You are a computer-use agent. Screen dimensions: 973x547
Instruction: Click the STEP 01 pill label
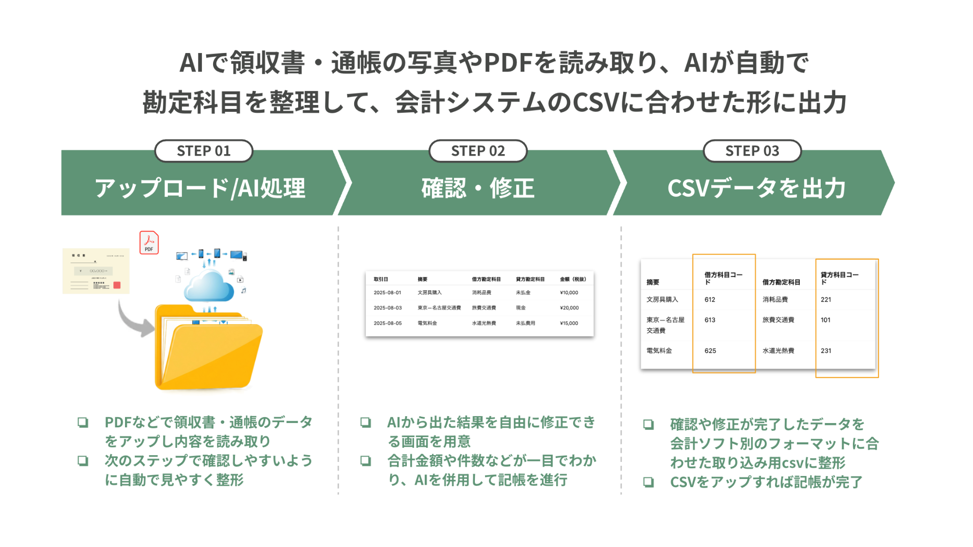203,151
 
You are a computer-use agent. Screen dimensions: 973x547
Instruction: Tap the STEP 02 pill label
478,151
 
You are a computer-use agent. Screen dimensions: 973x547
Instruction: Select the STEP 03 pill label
752,151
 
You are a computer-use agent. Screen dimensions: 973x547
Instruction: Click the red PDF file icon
149,242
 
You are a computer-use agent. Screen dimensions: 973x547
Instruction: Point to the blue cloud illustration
208,287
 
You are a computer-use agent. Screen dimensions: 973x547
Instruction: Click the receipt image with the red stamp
96,271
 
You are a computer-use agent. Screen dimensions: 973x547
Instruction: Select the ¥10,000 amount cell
569,293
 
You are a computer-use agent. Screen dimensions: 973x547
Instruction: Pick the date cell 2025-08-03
387,308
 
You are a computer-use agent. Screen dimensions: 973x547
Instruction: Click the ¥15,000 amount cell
569,323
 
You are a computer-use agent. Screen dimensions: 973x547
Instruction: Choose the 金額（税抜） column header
573,279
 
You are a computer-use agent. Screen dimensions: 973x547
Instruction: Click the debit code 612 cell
710,300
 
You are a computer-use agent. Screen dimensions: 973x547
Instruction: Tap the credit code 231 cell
826,351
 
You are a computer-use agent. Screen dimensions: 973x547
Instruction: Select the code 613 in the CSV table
710,320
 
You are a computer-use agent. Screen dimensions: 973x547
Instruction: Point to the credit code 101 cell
825,320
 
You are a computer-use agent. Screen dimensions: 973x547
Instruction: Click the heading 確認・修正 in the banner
478,188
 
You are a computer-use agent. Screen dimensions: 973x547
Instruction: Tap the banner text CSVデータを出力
756,188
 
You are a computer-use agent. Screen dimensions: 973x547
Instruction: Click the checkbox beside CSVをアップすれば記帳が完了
648,482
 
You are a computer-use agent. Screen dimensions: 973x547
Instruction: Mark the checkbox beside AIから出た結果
365,422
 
